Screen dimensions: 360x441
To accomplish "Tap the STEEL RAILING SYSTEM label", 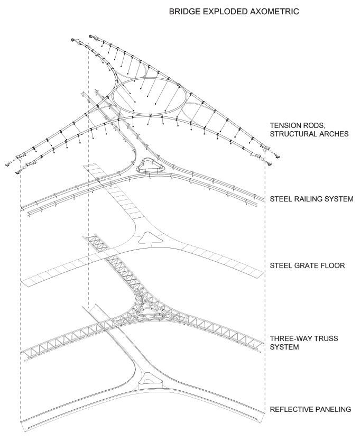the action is point(311,199).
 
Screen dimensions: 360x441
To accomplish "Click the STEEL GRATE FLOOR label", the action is point(308,265).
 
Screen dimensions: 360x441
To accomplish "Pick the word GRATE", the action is point(307,265).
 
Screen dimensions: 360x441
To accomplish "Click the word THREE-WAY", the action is point(289,338).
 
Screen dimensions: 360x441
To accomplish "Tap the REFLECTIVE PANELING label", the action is point(310,409).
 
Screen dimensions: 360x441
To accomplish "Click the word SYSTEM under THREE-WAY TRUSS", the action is point(284,347).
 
